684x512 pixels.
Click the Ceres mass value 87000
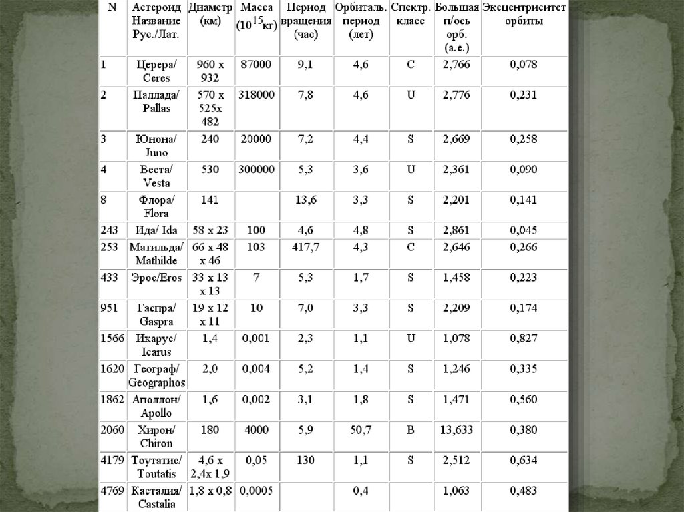pyautogui.click(x=256, y=65)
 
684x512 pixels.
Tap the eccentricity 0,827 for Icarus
pyautogui.click(x=523, y=338)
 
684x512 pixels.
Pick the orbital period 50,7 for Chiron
pyautogui.click(x=361, y=430)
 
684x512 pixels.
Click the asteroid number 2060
pyautogui.click(x=112, y=430)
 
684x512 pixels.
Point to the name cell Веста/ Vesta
pyautogui.click(x=156, y=176)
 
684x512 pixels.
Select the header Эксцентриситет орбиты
pyautogui.click(x=524, y=14)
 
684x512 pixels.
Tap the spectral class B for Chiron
pyautogui.click(x=411, y=430)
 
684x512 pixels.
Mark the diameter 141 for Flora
pyautogui.click(x=210, y=200)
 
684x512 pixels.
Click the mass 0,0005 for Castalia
pyautogui.click(x=256, y=491)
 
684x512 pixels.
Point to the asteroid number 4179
pyautogui.click(x=112, y=460)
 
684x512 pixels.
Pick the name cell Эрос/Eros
pyautogui.click(x=156, y=278)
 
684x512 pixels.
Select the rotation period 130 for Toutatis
pyautogui.click(x=305, y=460)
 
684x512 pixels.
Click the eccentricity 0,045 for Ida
pyautogui.click(x=523, y=230)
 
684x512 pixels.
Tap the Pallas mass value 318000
pyautogui.click(x=256, y=95)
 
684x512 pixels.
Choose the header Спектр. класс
pyautogui.click(x=410, y=14)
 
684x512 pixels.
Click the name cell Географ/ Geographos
pyautogui.click(x=156, y=376)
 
